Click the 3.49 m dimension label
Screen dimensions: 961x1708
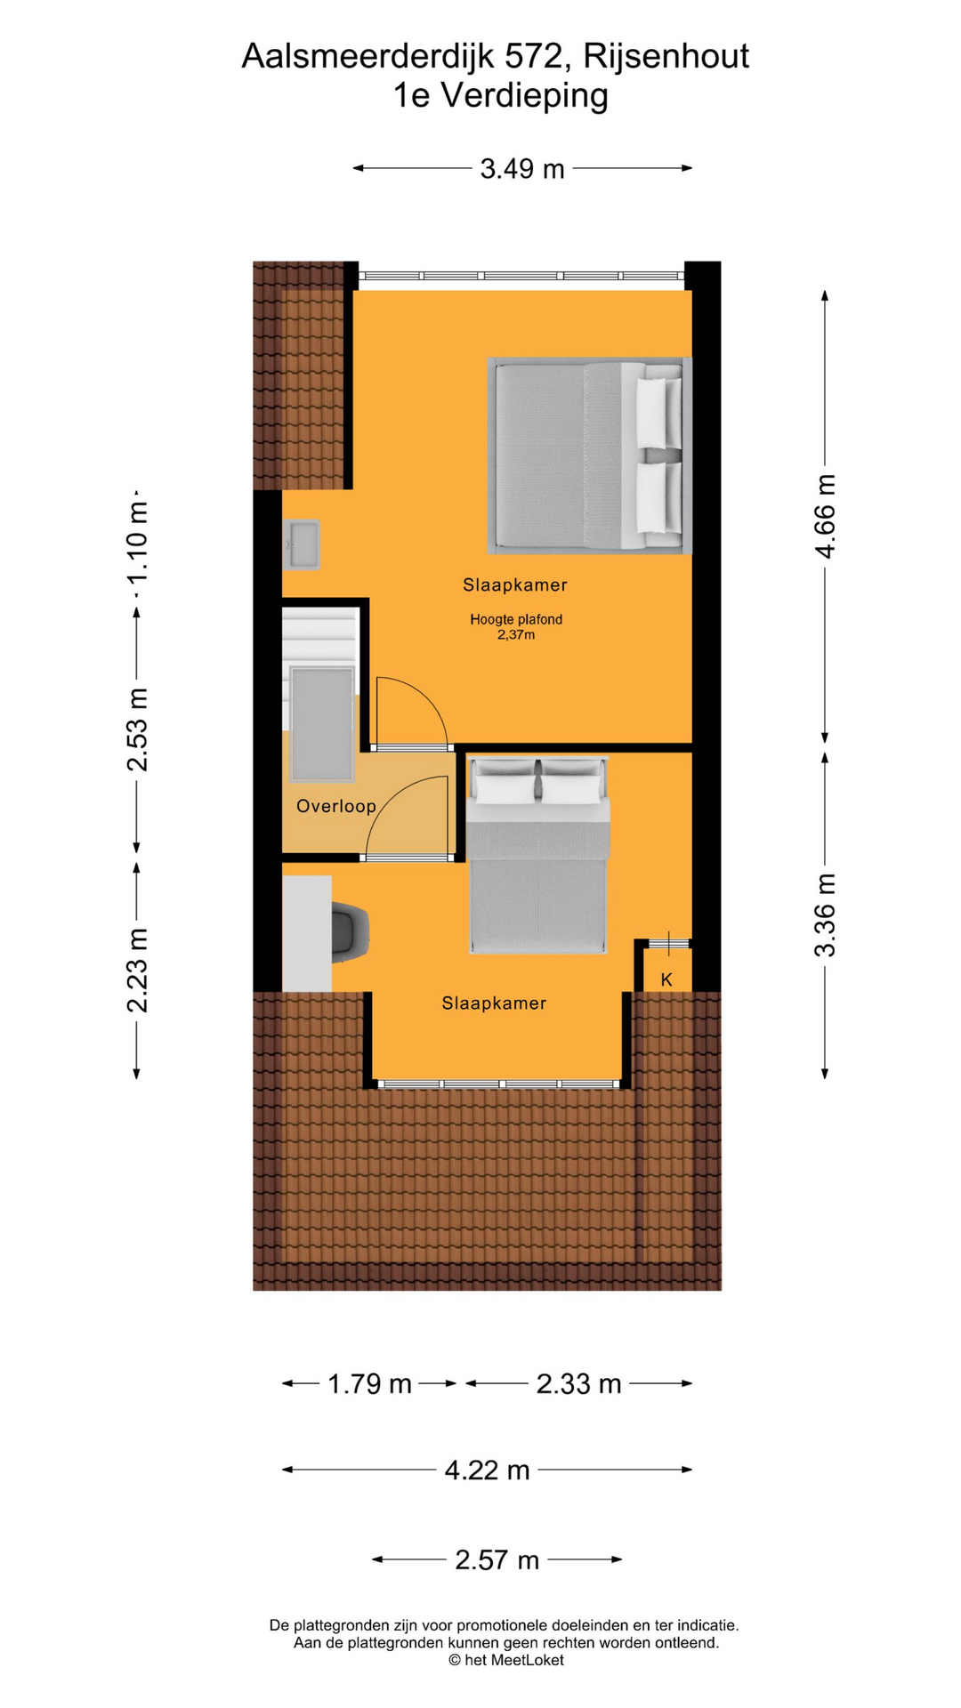click(x=522, y=168)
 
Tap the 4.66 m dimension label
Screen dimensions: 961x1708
click(x=825, y=517)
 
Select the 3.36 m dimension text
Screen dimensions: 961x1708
click(x=825, y=915)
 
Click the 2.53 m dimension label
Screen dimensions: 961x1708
click(x=137, y=729)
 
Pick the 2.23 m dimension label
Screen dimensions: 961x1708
click(x=137, y=971)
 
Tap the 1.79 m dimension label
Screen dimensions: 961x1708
click(x=370, y=1383)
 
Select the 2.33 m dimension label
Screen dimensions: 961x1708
click(x=578, y=1383)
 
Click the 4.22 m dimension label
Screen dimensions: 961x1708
click(x=488, y=1470)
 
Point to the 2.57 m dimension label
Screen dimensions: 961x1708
click(x=497, y=1559)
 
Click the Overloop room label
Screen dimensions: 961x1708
click(x=336, y=806)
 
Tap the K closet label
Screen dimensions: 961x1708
click(x=666, y=979)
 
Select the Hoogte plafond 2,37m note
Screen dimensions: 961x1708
click(x=516, y=627)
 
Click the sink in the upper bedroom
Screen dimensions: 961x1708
click(x=301, y=544)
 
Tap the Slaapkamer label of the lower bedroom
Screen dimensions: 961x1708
click(x=494, y=1003)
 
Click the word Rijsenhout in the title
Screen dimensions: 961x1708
click(x=666, y=56)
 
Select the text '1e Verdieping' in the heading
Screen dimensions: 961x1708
click(x=501, y=95)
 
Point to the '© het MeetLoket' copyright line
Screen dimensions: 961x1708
click(x=505, y=1660)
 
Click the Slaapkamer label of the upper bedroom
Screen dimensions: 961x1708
click(x=515, y=585)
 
